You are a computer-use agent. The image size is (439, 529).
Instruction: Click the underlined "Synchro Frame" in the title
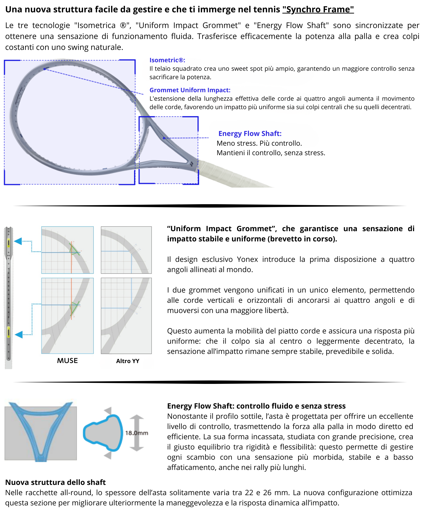point(318,10)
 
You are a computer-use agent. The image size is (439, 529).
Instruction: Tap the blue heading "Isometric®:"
point(167,60)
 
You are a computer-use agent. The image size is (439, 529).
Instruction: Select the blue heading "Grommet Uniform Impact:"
point(190,90)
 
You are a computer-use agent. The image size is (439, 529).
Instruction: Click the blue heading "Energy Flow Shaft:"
point(250,133)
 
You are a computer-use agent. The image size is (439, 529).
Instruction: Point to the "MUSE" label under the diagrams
point(67,361)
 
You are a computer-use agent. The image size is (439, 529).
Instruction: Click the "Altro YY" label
point(127,361)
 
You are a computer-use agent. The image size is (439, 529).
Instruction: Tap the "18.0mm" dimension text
point(136,433)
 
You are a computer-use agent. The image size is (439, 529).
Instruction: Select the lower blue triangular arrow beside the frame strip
point(19,335)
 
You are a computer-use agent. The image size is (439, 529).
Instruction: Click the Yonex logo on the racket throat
point(191,164)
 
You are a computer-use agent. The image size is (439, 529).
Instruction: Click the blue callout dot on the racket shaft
point(164,138)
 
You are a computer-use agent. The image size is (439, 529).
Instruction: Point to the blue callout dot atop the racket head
point(45,69)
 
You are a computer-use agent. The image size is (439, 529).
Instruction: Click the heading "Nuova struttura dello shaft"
point(55,482)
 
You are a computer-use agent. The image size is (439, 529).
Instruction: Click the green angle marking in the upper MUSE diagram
point(74,249)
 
